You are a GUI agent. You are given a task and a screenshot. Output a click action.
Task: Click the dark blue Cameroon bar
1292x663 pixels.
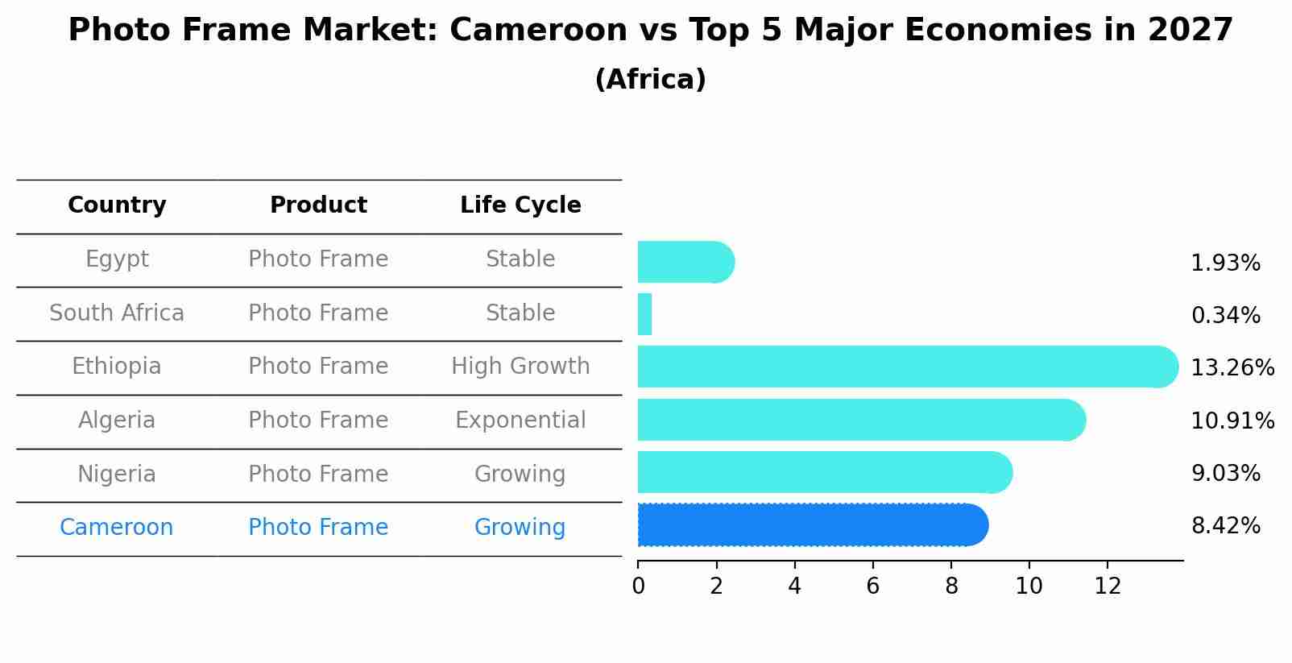point(812,525)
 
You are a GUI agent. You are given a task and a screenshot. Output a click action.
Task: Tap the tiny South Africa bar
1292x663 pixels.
point(644,314)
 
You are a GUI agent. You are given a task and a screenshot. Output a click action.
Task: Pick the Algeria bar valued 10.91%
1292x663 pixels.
point(860,420)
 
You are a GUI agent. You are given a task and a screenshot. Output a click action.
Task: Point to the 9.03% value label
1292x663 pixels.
point(1225,474)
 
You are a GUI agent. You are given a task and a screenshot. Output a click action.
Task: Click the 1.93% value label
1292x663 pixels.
point(1225,263)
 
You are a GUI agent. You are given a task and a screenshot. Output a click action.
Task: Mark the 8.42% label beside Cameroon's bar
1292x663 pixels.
point(1225,526)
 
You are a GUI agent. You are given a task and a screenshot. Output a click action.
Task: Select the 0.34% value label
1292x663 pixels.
point(1225,316)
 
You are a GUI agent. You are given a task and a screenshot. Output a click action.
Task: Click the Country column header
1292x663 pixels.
point(117,205)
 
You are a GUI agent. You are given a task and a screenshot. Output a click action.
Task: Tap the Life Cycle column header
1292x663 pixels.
point(520,205)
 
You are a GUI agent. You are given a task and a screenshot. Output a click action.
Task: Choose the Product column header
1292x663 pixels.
point(318,205)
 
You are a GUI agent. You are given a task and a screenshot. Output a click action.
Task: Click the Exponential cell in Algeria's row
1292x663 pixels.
point(520,421)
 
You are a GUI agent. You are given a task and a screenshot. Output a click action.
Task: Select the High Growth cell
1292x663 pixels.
point(520,367)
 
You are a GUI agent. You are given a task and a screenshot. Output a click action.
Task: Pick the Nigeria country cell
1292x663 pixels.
point(117,474)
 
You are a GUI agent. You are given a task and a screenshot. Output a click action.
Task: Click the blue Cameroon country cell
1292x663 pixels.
point(117,528)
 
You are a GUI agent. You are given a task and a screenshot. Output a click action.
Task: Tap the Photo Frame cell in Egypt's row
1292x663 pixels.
point(318,259)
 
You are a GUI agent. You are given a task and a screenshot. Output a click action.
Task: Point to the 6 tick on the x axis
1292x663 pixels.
point(872,586)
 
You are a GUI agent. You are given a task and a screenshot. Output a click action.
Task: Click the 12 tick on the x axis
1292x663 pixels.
point(1108,586)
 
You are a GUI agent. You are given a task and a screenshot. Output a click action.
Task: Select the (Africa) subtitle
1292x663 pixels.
point(650,80)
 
